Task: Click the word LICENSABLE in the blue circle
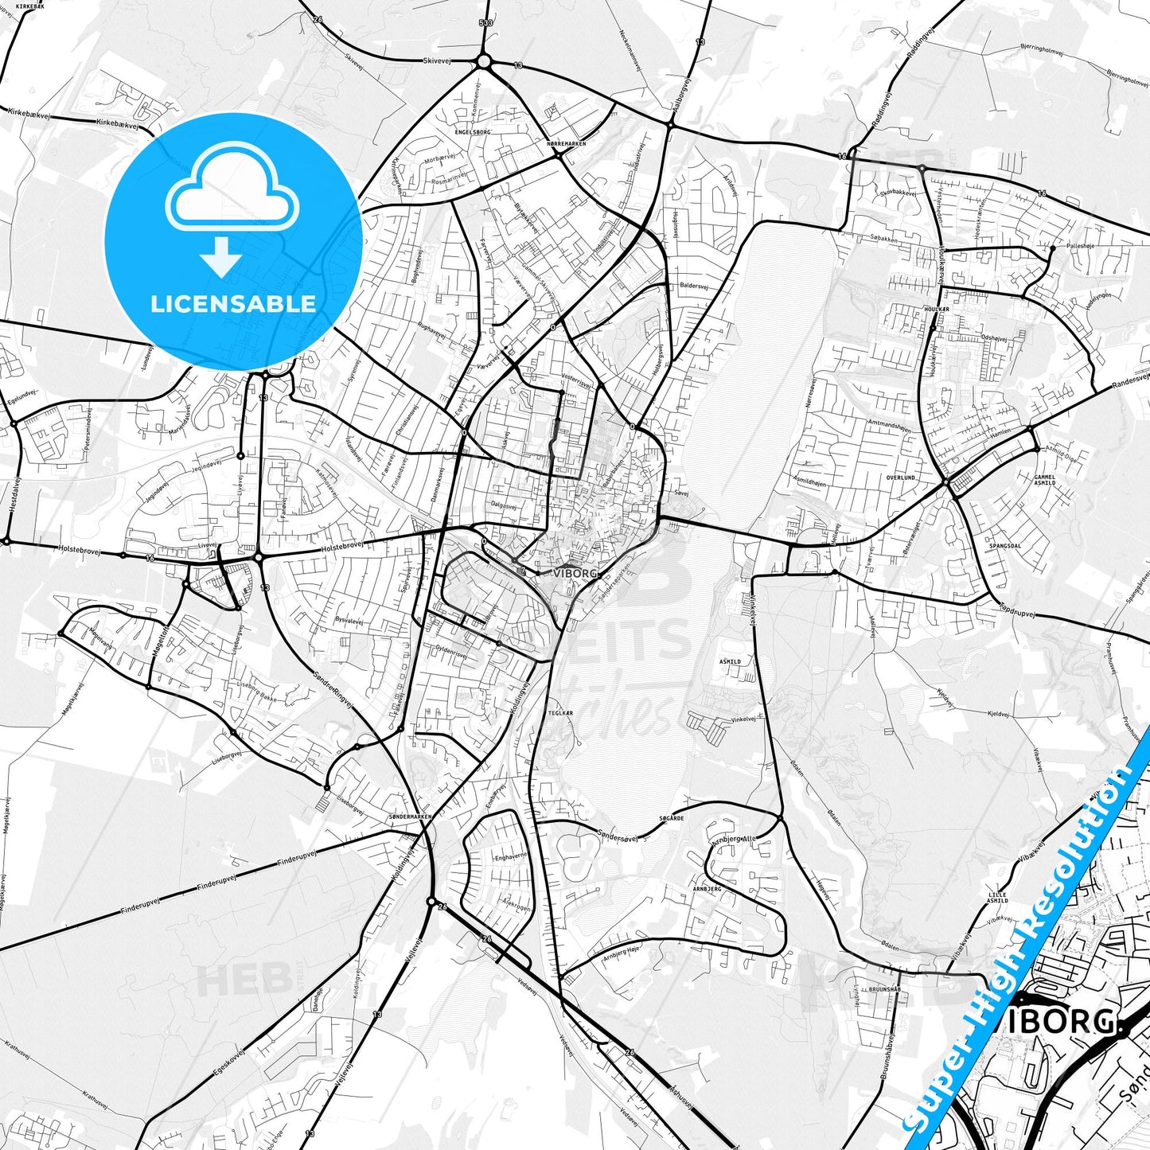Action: (233, 303)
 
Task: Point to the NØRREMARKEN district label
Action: (566, 143)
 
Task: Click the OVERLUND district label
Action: (900, 478)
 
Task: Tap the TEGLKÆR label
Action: (559, 713)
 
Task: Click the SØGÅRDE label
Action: (672, 818)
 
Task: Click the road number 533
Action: (485, 23)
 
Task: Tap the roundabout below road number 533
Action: (483, 61)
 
